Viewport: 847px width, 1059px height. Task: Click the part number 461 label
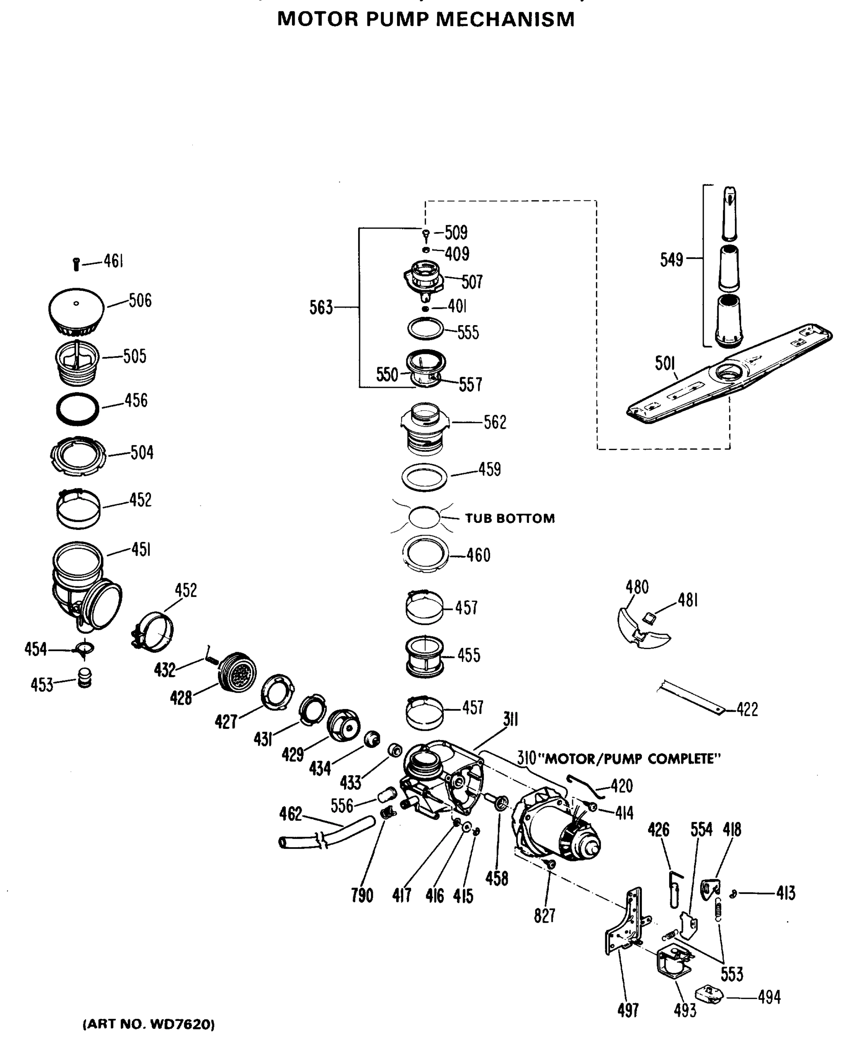pos(113,261)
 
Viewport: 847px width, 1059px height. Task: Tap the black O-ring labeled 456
pos(77,409)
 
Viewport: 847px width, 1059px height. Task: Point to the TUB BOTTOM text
pos(510,519)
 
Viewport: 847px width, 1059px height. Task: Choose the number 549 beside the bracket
pos(671,259)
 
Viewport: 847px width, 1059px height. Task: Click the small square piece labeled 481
pos(649,618)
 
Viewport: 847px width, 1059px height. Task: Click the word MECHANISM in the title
pos(505,20)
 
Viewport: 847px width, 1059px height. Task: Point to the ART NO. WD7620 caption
pos(148,1024)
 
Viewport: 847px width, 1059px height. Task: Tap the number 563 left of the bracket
pos(321,308)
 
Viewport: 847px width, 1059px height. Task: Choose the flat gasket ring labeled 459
pos(424,477)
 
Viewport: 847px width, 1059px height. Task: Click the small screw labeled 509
pos(426,235)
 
